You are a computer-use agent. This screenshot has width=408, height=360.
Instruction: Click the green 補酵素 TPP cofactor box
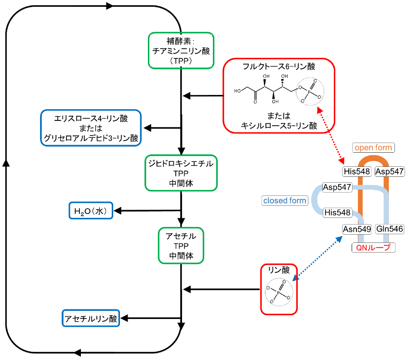[x=181, y=51]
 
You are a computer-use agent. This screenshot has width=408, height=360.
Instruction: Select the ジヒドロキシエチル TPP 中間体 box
[x=181, y=173]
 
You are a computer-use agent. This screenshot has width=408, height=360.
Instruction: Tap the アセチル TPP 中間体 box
[x=181, y=246]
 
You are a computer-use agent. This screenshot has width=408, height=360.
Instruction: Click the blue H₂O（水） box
[x=91, y=211]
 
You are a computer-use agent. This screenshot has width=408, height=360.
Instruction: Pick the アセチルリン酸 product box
[x=91, y=318]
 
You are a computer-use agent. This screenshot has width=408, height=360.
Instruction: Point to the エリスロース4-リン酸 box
[x=91, y=128]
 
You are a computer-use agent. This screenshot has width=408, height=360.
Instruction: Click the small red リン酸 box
[x=279, y=289]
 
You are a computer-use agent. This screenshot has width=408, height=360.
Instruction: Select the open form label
[x=373, y=147]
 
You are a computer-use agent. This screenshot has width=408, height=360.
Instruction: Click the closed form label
[x=285, y=200]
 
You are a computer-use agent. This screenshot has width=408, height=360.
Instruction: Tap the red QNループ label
[x=373, y=247]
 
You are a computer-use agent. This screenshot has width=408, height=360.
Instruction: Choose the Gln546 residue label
[x=390, y=229]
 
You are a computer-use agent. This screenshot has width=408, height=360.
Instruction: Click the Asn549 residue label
[x=357, y=229]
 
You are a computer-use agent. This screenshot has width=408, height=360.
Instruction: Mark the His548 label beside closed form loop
[x=338, y=213]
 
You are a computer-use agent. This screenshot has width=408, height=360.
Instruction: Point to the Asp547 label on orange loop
[x=390, y=172]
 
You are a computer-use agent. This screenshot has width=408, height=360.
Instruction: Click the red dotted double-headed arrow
[x=331, y=135]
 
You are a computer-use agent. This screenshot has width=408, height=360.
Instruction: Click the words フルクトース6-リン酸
[x=279, y=67]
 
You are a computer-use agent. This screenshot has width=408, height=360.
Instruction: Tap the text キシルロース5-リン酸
[x=279, y=126]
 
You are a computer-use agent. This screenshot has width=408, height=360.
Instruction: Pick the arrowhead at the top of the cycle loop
[x=110, y=6]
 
